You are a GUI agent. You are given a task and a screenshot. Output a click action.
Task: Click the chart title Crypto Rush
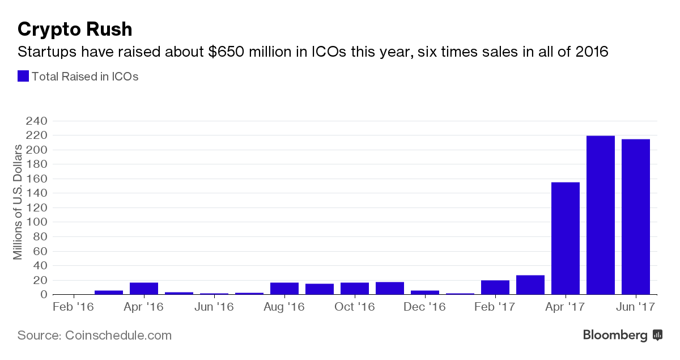point(75,29)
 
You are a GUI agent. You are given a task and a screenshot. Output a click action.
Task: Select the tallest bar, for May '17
point(601,215)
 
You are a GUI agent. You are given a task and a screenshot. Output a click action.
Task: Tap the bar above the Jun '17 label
point(636,217)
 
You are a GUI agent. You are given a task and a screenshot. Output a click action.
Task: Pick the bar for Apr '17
point(566,238)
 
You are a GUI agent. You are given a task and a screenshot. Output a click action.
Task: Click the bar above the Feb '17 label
point(495,287)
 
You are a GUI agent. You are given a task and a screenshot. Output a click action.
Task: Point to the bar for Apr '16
point(144,289)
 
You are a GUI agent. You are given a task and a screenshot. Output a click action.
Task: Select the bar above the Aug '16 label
point(284,289)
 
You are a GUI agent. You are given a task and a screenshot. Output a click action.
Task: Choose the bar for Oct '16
point(355,289)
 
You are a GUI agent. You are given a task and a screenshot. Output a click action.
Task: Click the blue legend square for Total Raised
point(23,76)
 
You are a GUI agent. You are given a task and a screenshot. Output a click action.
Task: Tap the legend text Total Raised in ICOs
point(85,76)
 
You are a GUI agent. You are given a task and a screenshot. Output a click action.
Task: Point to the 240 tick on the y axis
point(36,121)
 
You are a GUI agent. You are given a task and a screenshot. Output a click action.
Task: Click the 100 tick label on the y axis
point(36,222)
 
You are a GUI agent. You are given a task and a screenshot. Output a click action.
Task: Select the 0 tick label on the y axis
point(43,295)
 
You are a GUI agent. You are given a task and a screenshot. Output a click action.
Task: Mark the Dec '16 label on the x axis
point(424,307)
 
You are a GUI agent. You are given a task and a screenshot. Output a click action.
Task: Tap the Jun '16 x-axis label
point(214,307)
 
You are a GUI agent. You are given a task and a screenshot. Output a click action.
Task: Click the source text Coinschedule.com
point(117,336)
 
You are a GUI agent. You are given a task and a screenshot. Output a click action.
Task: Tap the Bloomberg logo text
point(615,336)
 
